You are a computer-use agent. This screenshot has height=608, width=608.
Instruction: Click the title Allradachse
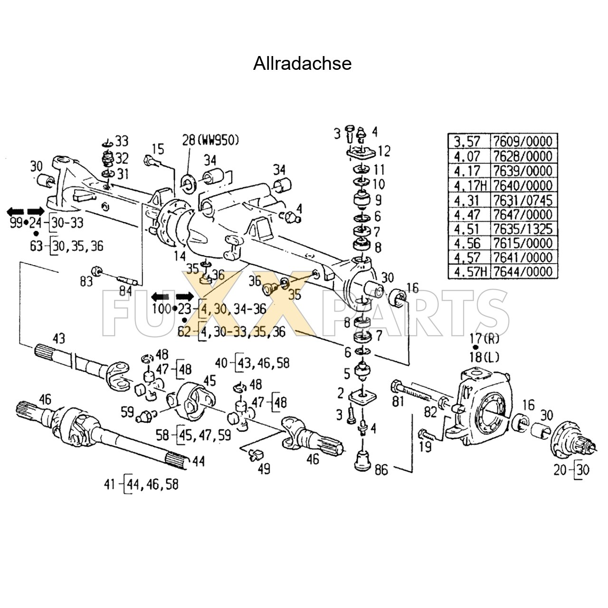(x=302, y=64)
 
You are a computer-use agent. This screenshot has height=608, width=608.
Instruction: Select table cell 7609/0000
(x=522, y=141)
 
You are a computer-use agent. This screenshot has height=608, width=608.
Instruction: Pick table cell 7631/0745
(x=522, y=200)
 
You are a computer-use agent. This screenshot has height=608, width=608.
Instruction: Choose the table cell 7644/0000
(x=522, y=272)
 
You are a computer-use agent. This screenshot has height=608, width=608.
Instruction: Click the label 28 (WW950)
(x=210, y=140)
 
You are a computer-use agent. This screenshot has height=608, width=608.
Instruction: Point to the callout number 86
(x=381, y=470)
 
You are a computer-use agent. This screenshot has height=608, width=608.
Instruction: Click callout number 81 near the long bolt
(x=398, y=401)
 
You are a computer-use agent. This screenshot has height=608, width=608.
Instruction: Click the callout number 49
(x=264, y=468)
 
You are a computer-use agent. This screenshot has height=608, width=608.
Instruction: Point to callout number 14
(x=180, y=256)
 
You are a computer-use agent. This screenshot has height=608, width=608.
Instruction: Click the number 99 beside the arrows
(x=16, y=222)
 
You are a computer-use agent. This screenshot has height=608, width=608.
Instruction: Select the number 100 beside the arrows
(x=161, y=309)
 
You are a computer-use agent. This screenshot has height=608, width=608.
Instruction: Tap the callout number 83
(x=86, y=281)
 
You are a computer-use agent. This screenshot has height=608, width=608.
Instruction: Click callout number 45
(x=209, y=380)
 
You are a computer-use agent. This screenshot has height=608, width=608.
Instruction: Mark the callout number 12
(x=384, y=151)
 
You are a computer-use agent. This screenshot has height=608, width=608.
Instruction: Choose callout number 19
(x=425, y=446)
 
